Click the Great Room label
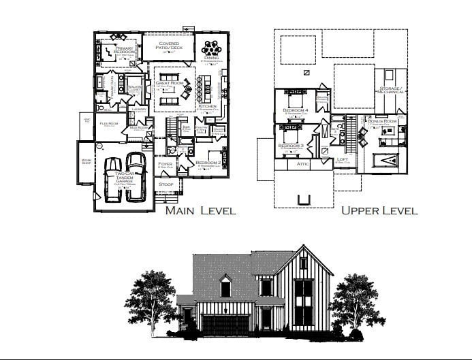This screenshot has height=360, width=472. (169, 82)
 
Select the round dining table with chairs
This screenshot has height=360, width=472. (210, 48)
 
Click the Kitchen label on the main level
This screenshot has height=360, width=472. (206, 106)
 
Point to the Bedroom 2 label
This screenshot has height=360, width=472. (207, 163)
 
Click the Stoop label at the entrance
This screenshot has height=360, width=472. (166, 184)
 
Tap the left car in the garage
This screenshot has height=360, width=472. (114, 178)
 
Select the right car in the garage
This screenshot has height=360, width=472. (136, 176)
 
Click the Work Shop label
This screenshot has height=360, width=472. (86, 162)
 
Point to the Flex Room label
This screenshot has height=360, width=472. (109, 123)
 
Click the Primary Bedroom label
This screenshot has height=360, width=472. (125, 48)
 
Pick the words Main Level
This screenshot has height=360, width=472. (200, 210)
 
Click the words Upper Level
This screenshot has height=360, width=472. (379, 210)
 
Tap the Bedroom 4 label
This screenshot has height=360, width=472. (296, 110)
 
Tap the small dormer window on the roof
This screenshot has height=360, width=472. (225, 288)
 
